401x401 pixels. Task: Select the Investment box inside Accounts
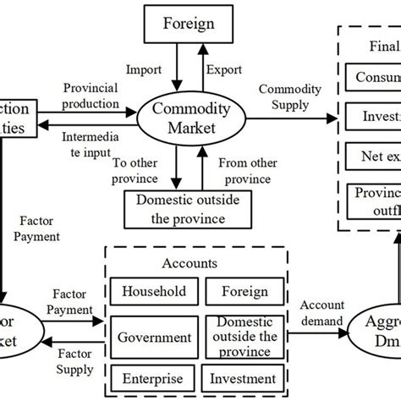(244, 378)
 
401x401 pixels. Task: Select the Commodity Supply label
(288, 96)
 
